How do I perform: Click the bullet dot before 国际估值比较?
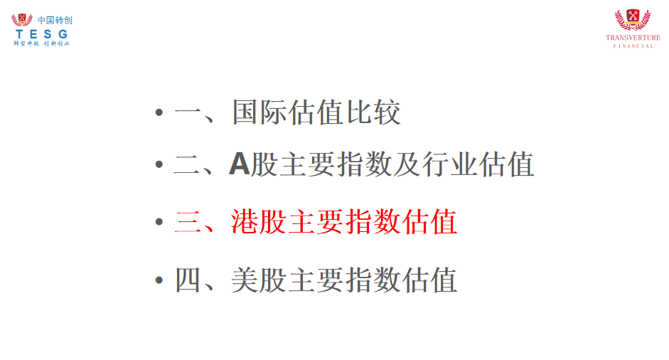pyautogui.click(x=159, y=112)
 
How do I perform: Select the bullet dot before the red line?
pyautogui.click(x=159, y=222)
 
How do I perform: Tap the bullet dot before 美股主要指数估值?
pyautogui.click(x=159, y=280)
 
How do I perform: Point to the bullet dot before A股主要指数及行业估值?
pyautogui.click(x=159, y=164)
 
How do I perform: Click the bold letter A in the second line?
pyautogui.click(x=239, y=164)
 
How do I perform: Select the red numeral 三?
pyautogui.click(x=188, y=222)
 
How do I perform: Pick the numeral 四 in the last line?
pyautogui.click(x=188, y=280)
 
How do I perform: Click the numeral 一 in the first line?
pyautogui.click(x=188, y=112)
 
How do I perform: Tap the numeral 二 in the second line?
pyautogui.click(x=187, y=165)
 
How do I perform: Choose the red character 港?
pyautogui.click(x=245, y=222)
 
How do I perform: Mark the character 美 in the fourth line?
pyautogui.click(x=245, y=280)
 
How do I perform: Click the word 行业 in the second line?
pyautogui.click(x=449, y=164)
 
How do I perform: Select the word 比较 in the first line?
pyautogui.click(x=373, y=112)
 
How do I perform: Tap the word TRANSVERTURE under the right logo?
pyautogui.click(x=633, y=38)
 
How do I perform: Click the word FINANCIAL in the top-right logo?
pyautogui.click(x=633, y=46)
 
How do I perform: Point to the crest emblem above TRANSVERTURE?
pyautogui.click(x=633, y=20)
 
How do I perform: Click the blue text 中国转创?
pyautogui.click(x=55, y=20)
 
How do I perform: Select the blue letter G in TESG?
pyautogui.click(x=63, y=34)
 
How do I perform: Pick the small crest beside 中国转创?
pyautogui.click(x=22, y=20)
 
